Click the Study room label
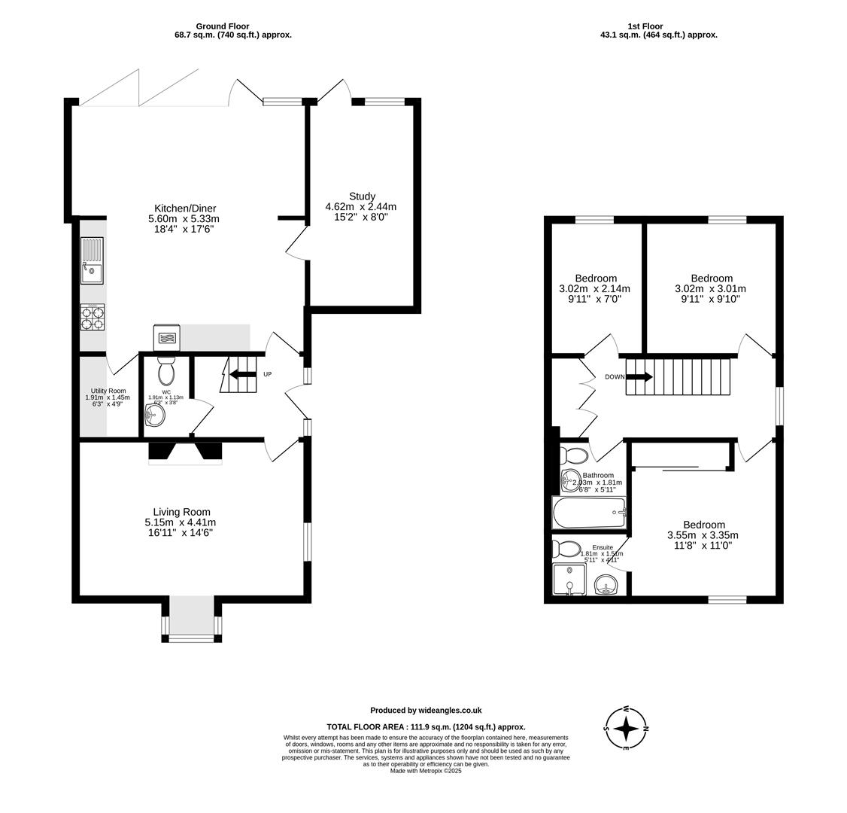[361, 196]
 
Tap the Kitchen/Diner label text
[185, 209]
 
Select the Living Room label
[181, 512]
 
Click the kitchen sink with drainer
[92, 260]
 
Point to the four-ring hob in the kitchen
[93, 317]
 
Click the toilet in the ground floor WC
[166, 371]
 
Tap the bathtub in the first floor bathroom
[589, 513]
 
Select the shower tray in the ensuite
[569, 580]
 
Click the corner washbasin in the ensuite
[606, 585]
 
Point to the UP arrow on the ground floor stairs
[243, 374]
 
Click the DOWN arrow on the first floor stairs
[638, 376]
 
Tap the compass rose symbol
[626, 728]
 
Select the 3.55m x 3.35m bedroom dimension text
[703, 535]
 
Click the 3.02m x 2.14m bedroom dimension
[594, 288]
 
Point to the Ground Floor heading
[222, 26]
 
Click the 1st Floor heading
[645, 26]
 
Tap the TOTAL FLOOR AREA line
[426, 727]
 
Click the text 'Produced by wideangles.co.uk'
[426, 710]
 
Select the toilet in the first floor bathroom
[575, 455]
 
